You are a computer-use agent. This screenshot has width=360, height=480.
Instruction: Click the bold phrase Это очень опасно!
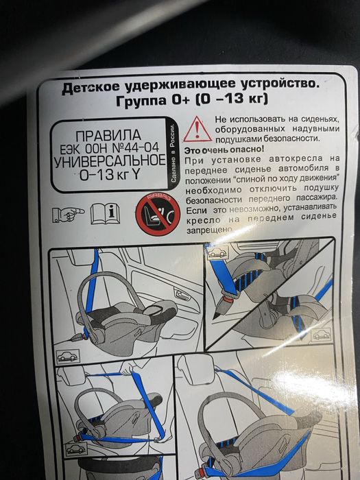pyautogui.click(x=224, y=148)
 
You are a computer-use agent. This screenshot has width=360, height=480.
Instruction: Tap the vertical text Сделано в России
pyautogui.click(x=174, y=150)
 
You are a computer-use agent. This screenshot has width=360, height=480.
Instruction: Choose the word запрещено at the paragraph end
pyautogui.click(x=209, y=230)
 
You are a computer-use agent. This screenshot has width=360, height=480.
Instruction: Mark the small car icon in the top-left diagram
pyautogui.click(x=68, y=355)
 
